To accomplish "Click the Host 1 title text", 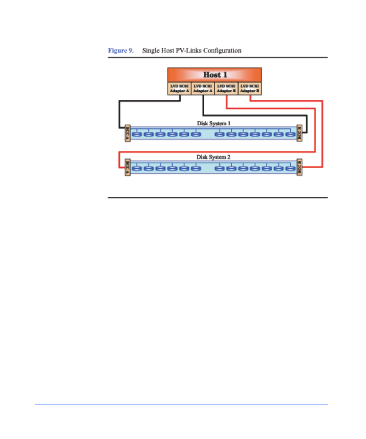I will coord(215,75).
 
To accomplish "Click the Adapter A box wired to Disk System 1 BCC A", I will coord(180,88).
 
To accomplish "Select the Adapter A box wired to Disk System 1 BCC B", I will coord(203,88).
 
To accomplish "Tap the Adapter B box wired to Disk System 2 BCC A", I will coord(226,88).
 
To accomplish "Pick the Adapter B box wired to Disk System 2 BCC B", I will coord(250,88).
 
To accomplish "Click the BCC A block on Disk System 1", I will coord(128,133).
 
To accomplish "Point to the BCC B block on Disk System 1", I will coord(299,133).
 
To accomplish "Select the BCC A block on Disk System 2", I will coord(128,167).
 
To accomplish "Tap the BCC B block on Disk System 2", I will coord(299,167).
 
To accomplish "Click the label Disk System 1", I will coord(213,123).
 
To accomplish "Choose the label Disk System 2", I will coord(213,157).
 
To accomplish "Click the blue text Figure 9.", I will coord(121,50).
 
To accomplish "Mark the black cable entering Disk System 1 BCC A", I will coord(119,115).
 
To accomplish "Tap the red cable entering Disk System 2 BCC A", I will coord(119,159).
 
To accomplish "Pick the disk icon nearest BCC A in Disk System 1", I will coord(137,134).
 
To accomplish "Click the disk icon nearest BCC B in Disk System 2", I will coord(290,168).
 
